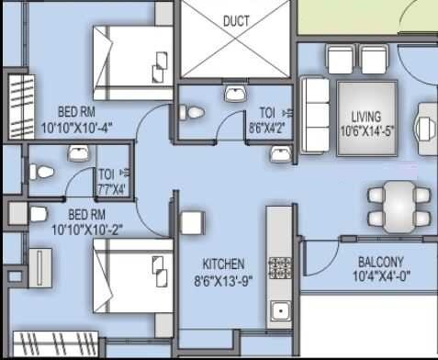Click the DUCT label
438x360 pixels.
(238, 20)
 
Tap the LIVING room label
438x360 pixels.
(367, 117)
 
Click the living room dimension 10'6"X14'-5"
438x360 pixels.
(367, 129)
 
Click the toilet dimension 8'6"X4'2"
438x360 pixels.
(265, 129)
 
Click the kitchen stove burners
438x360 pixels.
(279, 267)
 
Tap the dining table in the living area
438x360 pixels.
(399, 205)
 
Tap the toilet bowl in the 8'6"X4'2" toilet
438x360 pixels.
(194, 112)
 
